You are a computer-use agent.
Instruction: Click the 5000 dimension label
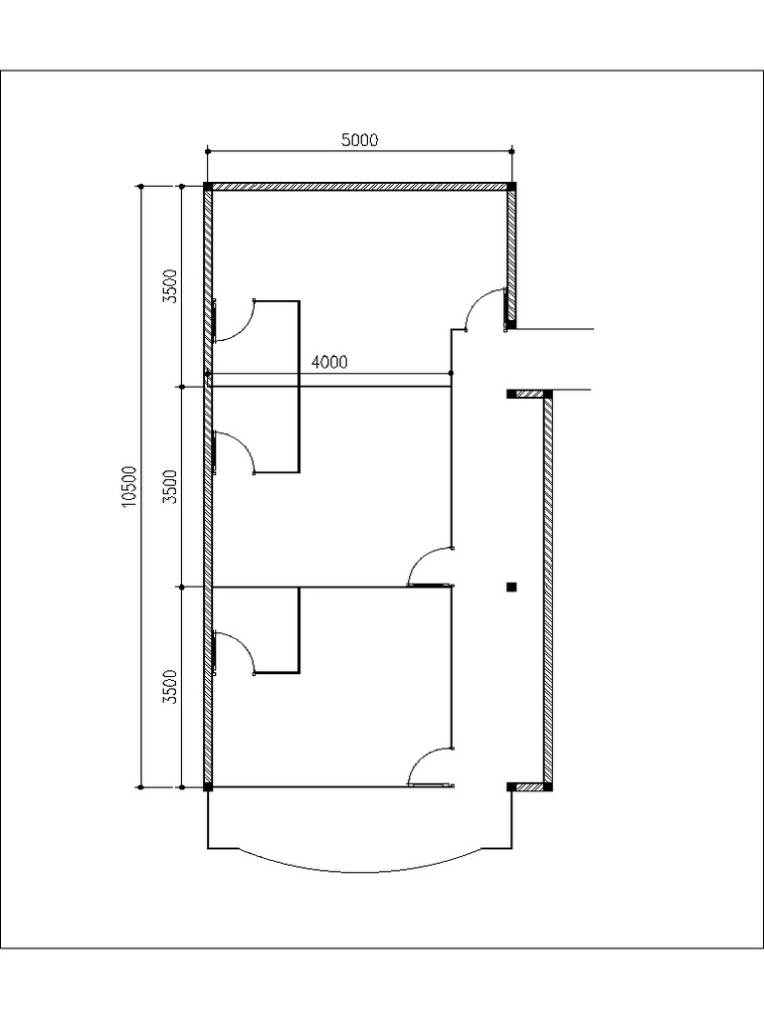pos(360,140)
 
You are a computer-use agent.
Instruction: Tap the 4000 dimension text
pos(329,362)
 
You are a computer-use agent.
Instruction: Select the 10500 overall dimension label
pos(128,487)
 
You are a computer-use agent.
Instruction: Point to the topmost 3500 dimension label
pos(170,285)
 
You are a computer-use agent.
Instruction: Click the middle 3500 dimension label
pos(170,487)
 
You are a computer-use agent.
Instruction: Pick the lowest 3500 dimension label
pos(170,686)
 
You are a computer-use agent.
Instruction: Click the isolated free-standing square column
pos(511,587)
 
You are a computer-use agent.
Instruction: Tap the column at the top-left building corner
pos(207,186)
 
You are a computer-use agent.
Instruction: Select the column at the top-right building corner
pos(512,186)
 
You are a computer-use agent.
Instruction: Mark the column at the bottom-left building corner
pos(207,787)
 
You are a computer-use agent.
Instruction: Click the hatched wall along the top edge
pos(360,186)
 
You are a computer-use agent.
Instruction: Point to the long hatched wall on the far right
pos(548,587)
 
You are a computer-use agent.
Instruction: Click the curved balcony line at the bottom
pos(360,871)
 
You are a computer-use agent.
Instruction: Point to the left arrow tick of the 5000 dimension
pos(207,151)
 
